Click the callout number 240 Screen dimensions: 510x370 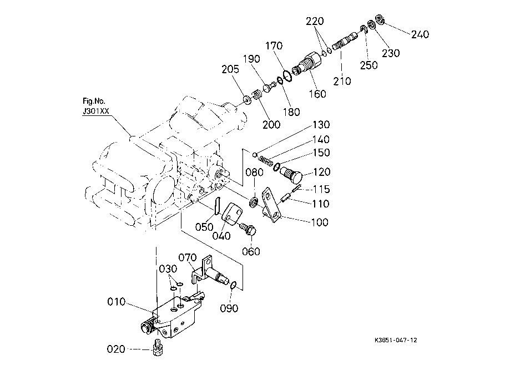tap(420, 34)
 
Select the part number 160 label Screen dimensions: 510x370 tap(317, 94)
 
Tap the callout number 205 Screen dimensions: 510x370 tap(230, 69)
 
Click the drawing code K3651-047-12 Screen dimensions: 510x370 tap(396, 340)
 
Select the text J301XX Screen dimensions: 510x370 tap(95, 111)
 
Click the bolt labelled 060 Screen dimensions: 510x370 tap(249, 229)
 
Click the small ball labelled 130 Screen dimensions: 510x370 tap(255, 154)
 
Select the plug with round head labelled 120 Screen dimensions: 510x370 tap(291, 174)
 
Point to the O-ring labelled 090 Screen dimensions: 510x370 tap(233, 286)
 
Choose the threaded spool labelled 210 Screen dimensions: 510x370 tap(345, 40)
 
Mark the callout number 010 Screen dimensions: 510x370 tap(117, 302)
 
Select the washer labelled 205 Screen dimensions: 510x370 tap(248, 100)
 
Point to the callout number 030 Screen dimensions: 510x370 tap(168, 269)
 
